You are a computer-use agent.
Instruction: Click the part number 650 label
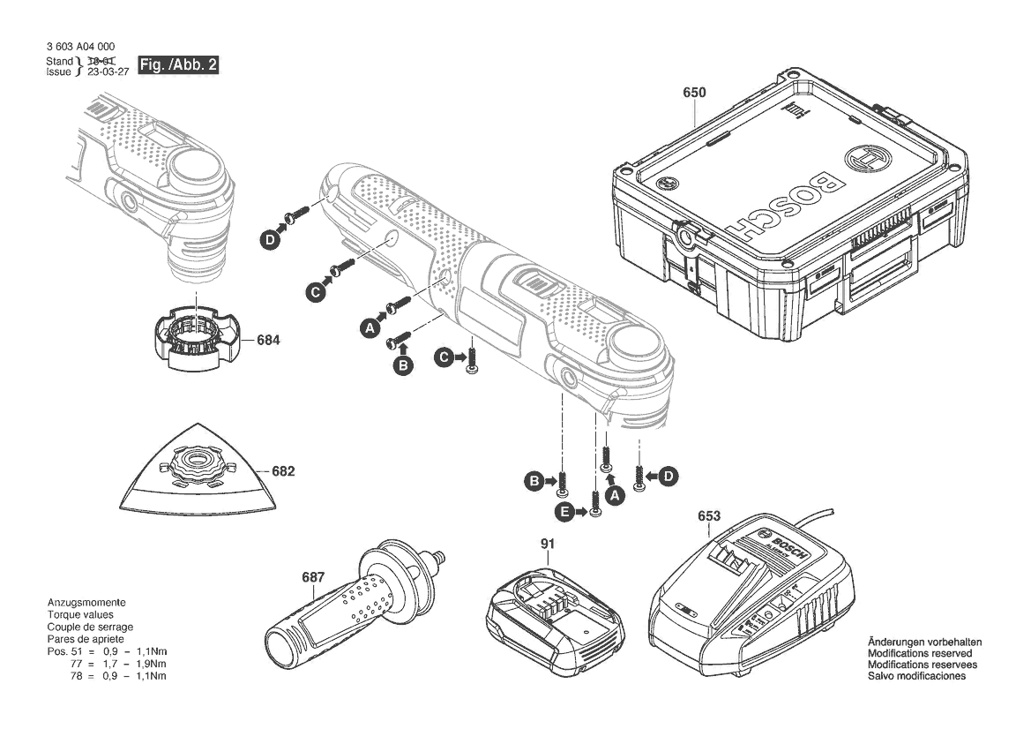click(x=694, y=91)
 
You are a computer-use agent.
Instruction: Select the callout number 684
click(x=269, y=339)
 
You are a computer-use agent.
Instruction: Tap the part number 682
click(x=283, y=471)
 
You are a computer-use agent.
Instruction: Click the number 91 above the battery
click(x=548, y=544)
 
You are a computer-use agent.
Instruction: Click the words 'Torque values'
click(x=80, y=614)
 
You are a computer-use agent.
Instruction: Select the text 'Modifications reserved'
click(x=923, y=653)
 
